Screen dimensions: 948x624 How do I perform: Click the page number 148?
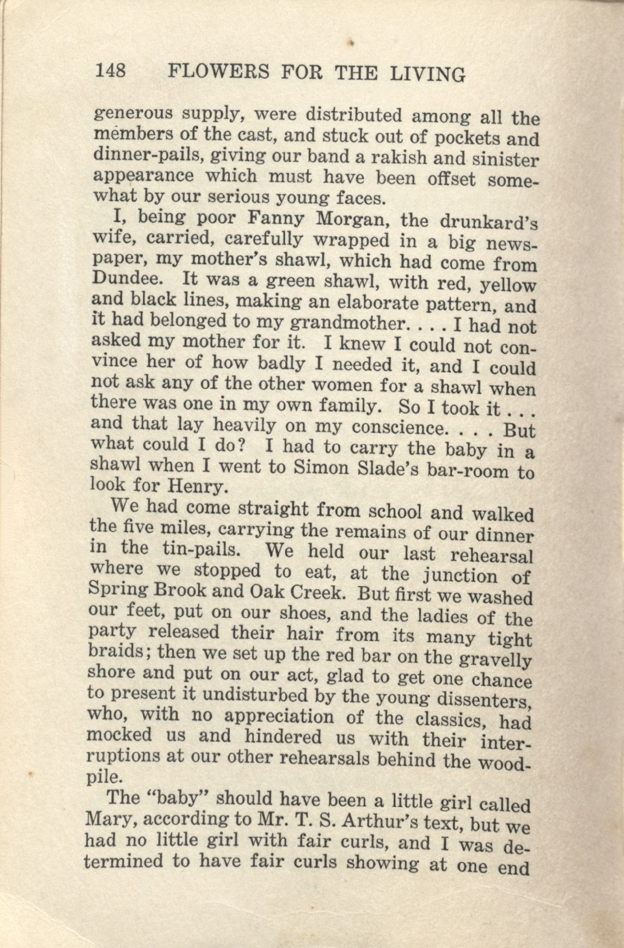(x=110, y=70)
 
